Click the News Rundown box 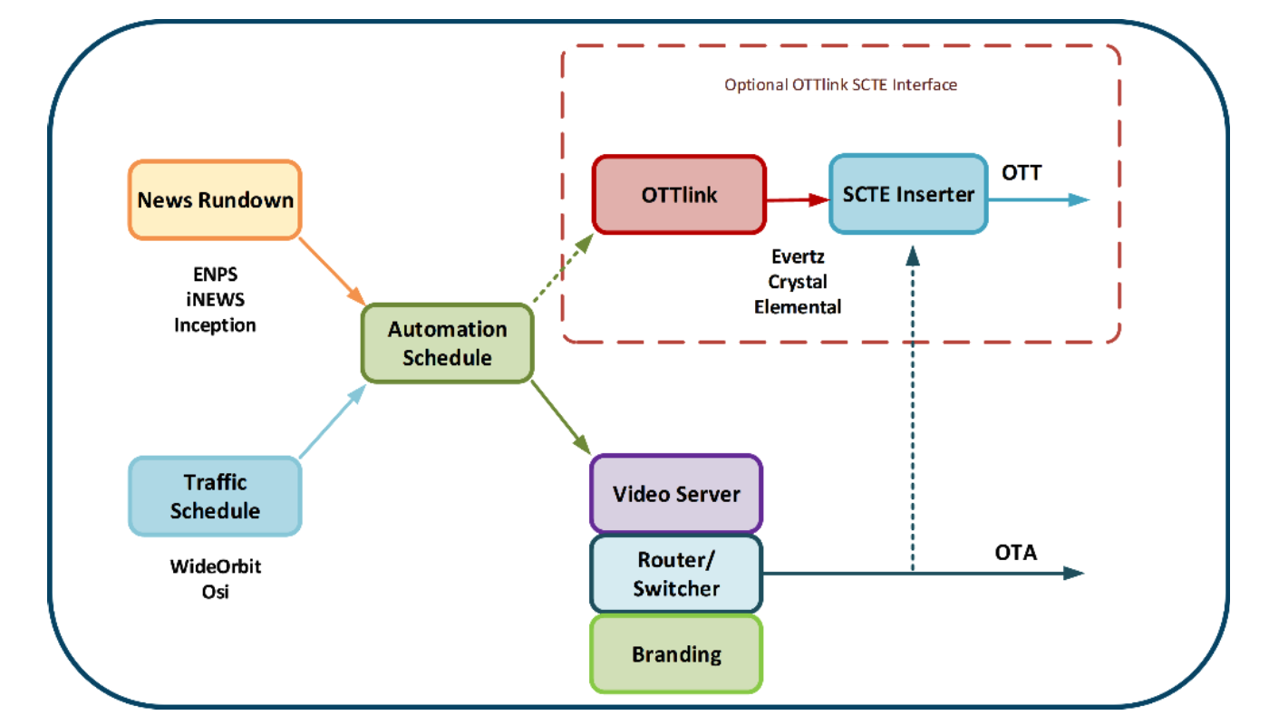tap(215, 199)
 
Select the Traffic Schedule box tap(215, 496)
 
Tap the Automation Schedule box tap(447, 343)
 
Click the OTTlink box tap(679, 195)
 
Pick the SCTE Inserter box tap(908, 194)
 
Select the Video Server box tap(676, 494)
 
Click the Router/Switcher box tap(676, 575)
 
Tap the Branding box tap(676, 654)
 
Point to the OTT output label tap(1022, 171)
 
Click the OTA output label tap(1015, 552)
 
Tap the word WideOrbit tap(215, 567)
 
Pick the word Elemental tap(798, 306)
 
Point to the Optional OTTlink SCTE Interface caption tap(840, 85)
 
